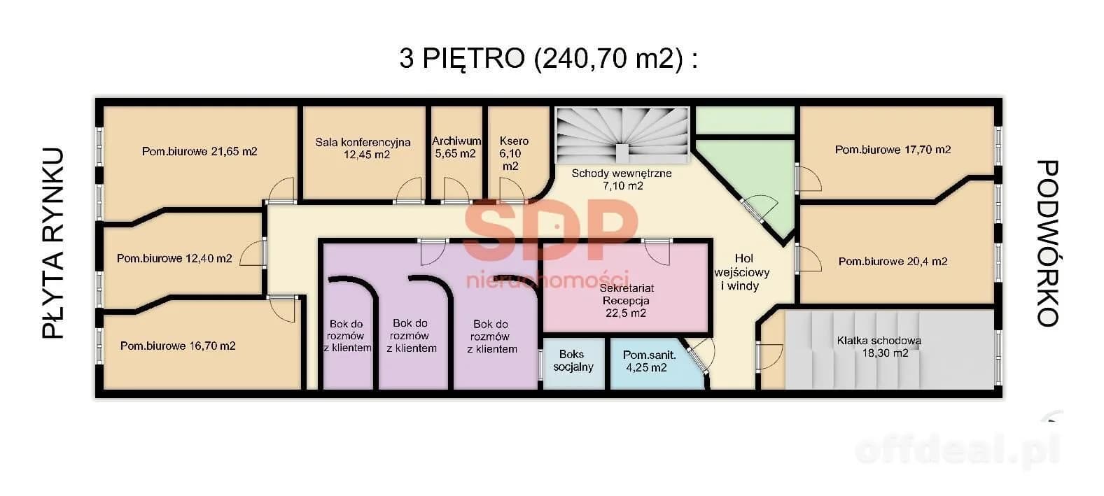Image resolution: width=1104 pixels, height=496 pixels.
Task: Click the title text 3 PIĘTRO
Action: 462,59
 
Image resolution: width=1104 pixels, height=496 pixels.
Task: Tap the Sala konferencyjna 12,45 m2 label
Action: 363,148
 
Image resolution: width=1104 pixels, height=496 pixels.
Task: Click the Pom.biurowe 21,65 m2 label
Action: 200,151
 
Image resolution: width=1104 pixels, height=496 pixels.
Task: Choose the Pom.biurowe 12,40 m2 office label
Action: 174,258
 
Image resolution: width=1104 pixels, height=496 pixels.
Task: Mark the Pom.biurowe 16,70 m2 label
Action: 178,346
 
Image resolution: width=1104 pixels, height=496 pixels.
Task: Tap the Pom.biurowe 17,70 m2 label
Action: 893,149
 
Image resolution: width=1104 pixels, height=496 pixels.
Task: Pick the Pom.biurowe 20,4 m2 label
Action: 893,261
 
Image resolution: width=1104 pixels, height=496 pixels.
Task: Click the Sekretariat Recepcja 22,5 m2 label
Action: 626,300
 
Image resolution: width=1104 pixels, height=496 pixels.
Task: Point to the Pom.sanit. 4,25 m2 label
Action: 649,361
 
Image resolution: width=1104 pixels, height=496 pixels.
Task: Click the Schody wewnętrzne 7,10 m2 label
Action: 622,179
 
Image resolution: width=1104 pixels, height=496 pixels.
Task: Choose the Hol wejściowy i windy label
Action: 742,272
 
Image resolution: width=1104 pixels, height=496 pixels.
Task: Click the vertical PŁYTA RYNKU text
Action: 53,243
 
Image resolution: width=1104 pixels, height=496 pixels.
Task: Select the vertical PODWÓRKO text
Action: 1047,243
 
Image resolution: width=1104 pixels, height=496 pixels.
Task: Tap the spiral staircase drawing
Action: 622,135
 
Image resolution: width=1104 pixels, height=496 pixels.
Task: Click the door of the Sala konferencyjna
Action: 409,190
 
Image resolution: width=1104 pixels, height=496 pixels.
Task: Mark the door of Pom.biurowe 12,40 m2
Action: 254,253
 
